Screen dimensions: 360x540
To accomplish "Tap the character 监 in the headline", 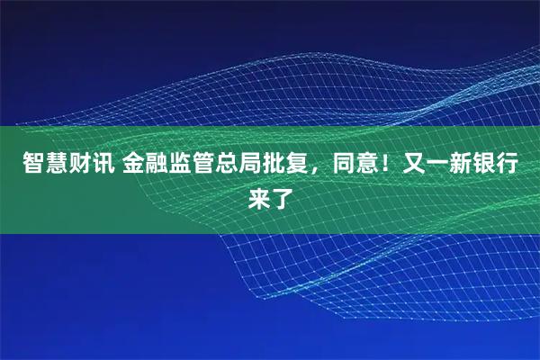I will point(171,165).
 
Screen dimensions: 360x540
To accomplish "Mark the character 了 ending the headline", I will point(282,195).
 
